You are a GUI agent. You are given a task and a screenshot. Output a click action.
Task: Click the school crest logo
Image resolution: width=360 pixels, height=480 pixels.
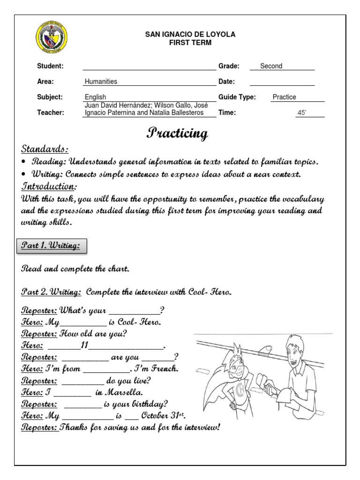(x=52, y=37)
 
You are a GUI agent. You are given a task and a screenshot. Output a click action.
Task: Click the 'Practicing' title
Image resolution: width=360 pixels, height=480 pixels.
(x=178, y=133)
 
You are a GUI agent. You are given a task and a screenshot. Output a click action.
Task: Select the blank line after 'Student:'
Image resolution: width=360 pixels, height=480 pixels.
(x=149, y=67)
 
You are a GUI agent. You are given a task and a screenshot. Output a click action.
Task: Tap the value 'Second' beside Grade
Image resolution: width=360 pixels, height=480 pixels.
(x=271, y=66)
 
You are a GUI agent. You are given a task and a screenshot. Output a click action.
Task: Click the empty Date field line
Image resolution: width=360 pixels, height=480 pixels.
(x=282, y=82)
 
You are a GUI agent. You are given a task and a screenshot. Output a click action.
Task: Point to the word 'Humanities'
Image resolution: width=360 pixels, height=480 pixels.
(x=101, y=82)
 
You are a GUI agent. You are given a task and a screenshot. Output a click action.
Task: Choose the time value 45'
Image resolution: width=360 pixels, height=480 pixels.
(x=302, y=113)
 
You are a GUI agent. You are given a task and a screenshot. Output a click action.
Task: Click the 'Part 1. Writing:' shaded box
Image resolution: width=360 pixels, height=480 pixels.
(x=52, y=245)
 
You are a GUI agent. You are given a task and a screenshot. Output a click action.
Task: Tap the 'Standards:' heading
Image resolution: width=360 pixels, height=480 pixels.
(x=45, y=149)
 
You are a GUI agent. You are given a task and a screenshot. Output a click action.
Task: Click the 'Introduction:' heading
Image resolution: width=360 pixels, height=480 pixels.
(x=48, y=187)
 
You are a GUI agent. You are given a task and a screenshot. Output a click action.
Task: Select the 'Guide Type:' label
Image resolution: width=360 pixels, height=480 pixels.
(x=237, y=97)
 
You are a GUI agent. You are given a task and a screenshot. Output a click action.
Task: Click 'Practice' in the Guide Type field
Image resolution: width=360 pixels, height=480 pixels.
(x=285, y=97)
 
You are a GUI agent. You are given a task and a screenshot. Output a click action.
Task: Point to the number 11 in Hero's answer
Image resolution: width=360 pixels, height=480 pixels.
(x=84, y=345)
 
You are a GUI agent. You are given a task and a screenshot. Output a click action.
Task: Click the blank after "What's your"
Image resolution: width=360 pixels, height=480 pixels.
(x=134, y=311)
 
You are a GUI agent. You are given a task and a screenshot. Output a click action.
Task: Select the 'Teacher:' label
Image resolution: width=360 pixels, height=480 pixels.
(x=50, y=112)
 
